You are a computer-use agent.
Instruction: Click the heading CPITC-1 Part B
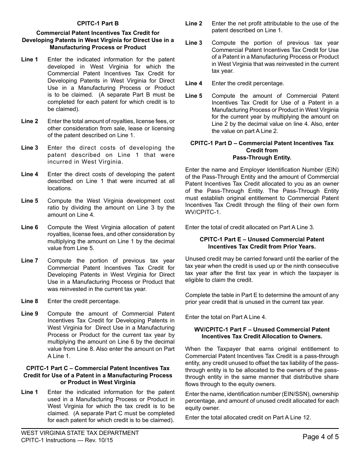(98, 23)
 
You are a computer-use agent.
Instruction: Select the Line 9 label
(30, 314)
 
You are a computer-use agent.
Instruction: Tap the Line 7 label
(30, 261)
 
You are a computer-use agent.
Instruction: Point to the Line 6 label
(30, 227)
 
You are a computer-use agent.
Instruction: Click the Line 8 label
(30, 301)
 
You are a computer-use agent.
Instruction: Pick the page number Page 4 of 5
(321, 437)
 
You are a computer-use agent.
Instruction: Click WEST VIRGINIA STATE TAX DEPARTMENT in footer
(80, 433)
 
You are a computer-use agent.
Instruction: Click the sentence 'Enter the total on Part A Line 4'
(225, 317)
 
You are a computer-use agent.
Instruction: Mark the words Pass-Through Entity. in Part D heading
(262, 158)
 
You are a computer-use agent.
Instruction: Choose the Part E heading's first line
(262, 239)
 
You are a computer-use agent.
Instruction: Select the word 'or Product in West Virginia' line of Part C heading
(98, 382)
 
